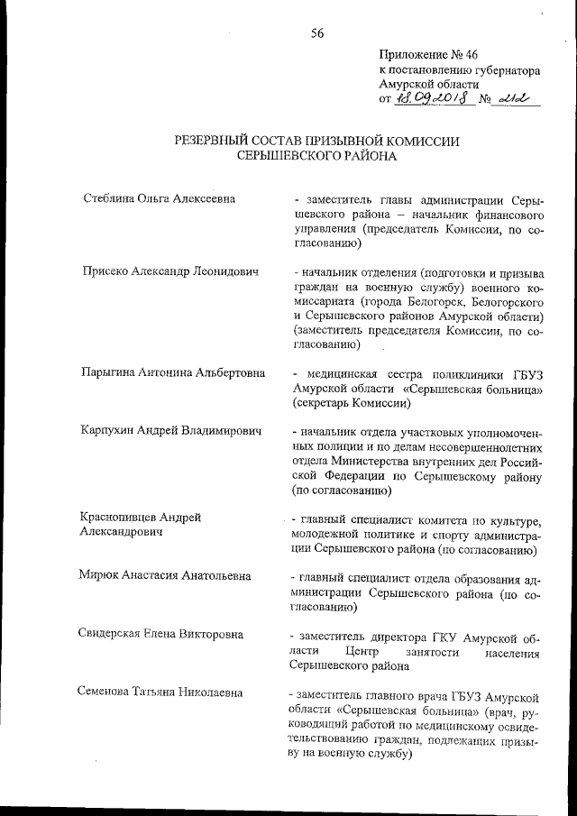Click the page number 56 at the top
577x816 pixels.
click(316, 33)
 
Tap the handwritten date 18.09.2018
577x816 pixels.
click(429, 98)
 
